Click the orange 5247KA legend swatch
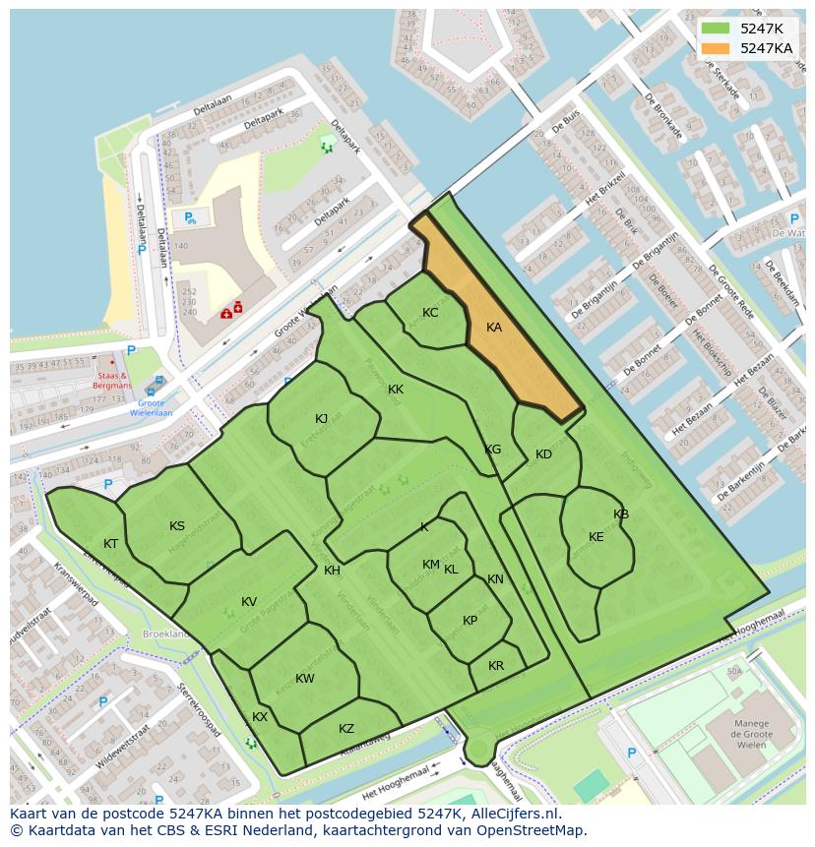pyautogui.click(x=717, y=48)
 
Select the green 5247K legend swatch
pyautogui.click(x=717, y=29)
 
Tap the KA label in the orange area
pyautogui.click(x=494, y=328)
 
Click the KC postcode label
pyautogui.click(x=430, y=313)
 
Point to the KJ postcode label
pyautogui.click(x=322, y=419)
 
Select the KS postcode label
pyautogui.click(x=177, y=526)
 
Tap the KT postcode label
pyautogui.click(x=111, y=544)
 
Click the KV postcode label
pyautogui.click(x=249, y=602)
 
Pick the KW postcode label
pyautogui.click(x=305, y=679)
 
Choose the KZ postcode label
pyautogui.click(x=346, y=729)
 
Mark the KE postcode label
pyautogui.click(x=596, y=537)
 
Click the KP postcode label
pyautogui.click(x=470, y=621)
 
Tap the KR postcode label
pyautogui.click(x=496, y=666)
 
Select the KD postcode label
pyautogui.click(x=543, y=454)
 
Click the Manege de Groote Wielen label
pyautogui.click(x=750, y=734)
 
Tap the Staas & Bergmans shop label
pyautogui.click(x=113, y=381)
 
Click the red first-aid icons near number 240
pyautogui.click(x=232, y=310)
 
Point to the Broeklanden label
pyautogui.click(x=166, y=635)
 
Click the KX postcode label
pyautogui.click(x=260, y=717)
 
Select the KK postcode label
pyautogui.click(x=396, y=390)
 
